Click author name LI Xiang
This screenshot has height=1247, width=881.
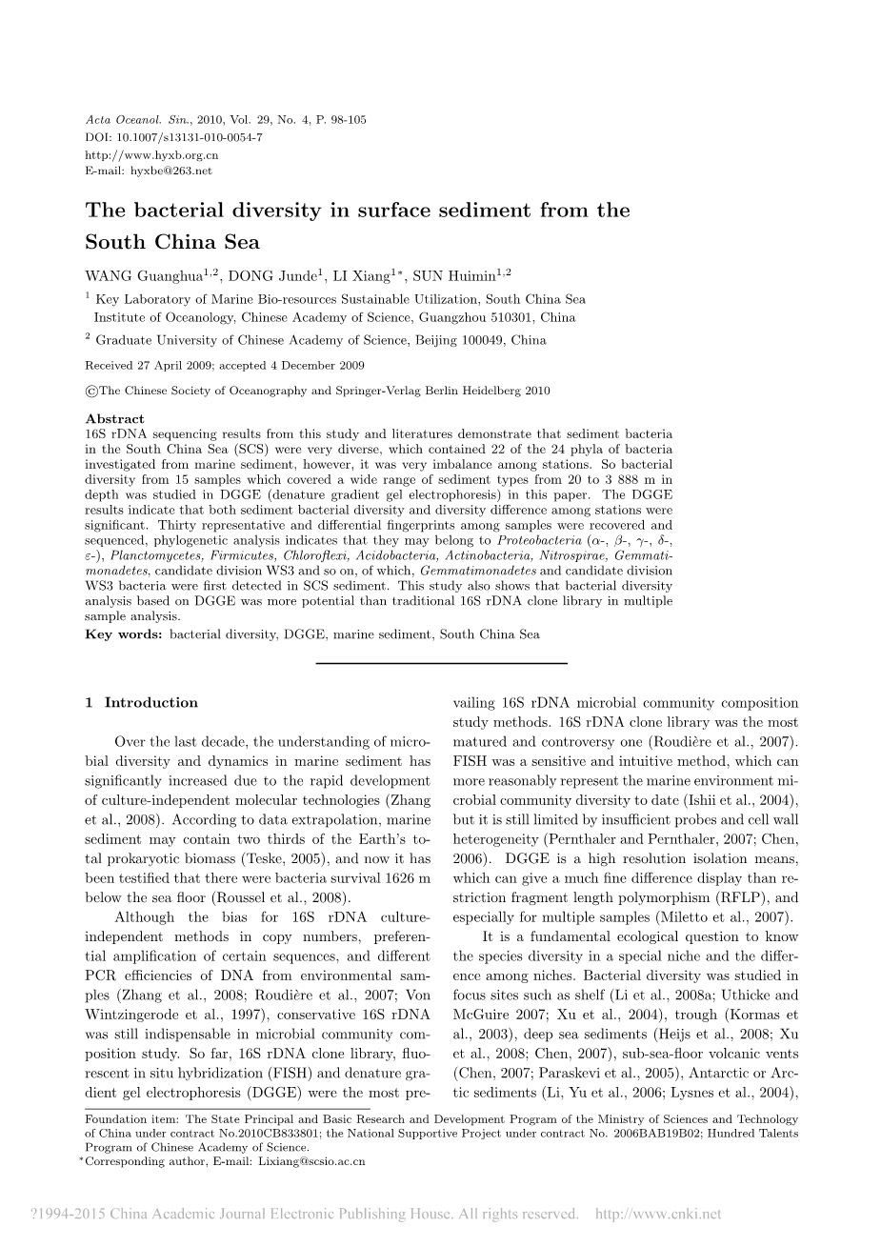360,277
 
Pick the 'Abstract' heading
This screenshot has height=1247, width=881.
114,418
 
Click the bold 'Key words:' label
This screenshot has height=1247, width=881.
124,634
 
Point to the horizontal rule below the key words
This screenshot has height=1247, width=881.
440,662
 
